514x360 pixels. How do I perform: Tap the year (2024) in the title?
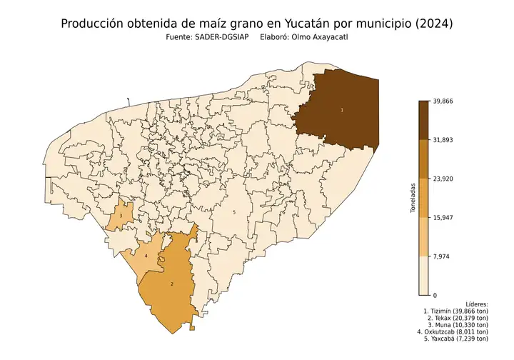(431, 24)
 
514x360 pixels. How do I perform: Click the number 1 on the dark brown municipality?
(342, 110)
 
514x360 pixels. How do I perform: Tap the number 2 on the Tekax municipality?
(172, 284)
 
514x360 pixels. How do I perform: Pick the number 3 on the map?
(121, 216)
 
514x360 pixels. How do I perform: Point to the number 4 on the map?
(146, 255)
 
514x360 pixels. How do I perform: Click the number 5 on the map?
(233, 212)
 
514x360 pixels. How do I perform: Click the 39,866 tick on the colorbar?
(443, 101)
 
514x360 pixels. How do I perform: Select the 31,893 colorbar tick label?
(443, 140)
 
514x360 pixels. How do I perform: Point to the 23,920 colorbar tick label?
(443, 179)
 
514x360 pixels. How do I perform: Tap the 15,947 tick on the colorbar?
(443, 217)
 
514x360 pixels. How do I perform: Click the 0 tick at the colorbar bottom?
(435, 294)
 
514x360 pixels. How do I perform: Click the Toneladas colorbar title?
(413, 198)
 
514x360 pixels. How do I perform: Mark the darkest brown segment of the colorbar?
(423, 120)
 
